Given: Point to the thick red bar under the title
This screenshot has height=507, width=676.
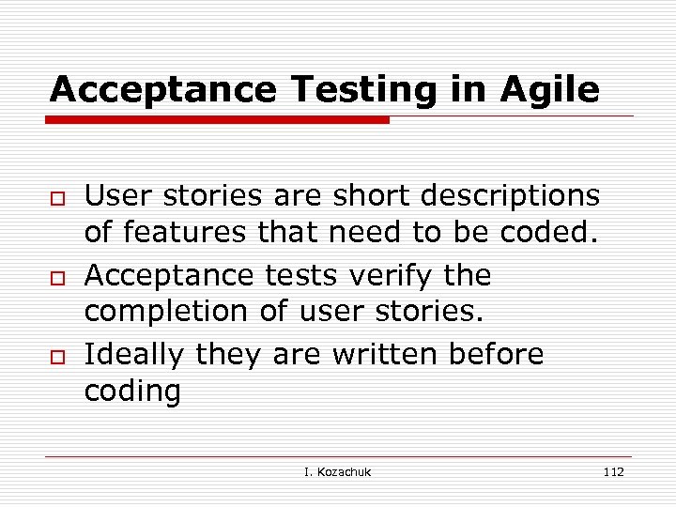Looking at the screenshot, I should click(219, 120).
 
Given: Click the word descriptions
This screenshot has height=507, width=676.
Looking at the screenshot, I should click(509, 195).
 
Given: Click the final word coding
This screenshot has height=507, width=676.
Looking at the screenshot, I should click(132, 392).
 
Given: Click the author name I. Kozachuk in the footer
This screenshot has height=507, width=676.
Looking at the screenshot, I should click(338, 471).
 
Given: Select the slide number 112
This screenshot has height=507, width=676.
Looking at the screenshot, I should click(613, 471).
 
